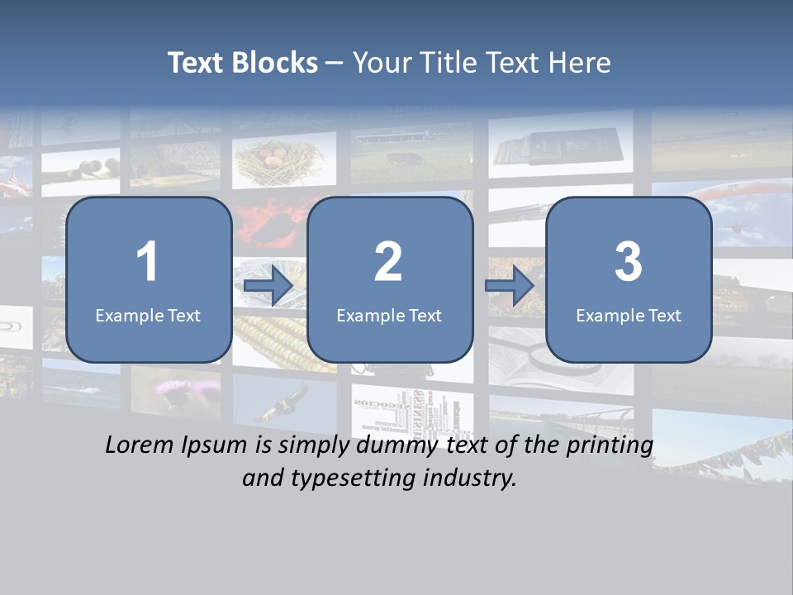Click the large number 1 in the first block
click(147, 262)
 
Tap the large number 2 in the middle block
click(388, 262)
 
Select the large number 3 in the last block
click(628, 262)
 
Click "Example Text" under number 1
click(148, 315)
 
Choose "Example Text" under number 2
click(389, 315)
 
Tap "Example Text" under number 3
click(629, 315)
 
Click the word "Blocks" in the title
click(275, 63)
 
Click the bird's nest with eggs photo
click(283, 160)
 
